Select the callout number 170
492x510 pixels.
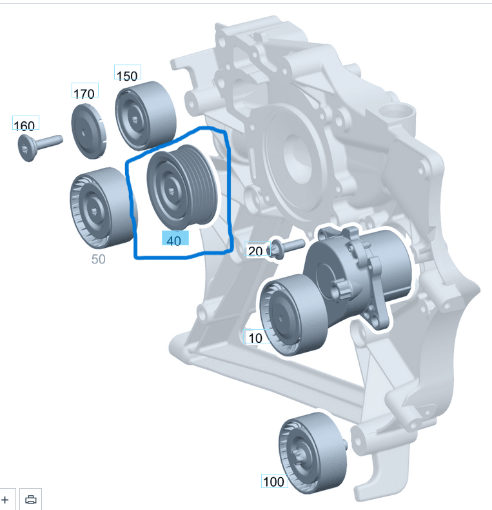[x=84, y=94]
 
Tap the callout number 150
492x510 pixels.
[x=127, y=75]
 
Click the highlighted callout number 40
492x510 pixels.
[x=174, y=240]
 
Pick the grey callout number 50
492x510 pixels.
[x=98, y=260]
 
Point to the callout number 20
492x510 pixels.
[x=255, y=250]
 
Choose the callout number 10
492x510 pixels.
[x=255, y=337]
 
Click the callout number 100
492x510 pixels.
[x=274, y=482]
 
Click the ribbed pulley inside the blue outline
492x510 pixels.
[x=182, y=185]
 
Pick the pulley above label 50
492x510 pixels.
[x=97, y=210]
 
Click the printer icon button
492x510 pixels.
[x=31, y=500]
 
